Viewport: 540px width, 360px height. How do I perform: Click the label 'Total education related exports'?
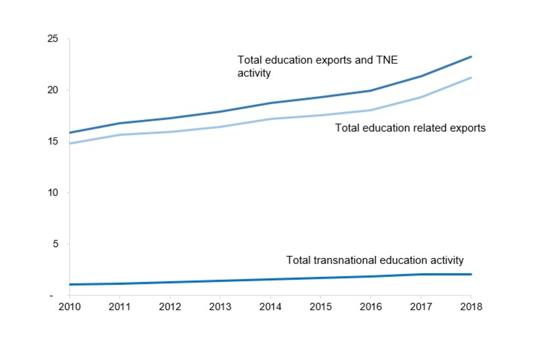point(410,128)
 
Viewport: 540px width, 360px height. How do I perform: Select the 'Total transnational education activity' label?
point(375,260)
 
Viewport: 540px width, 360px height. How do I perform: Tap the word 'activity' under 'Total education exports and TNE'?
point(254,73)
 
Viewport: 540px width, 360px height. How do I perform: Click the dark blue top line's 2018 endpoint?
point(471,57)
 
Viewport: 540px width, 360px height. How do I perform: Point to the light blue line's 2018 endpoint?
point(471,78)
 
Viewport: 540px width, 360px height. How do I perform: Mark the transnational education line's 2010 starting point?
point(69,285)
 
